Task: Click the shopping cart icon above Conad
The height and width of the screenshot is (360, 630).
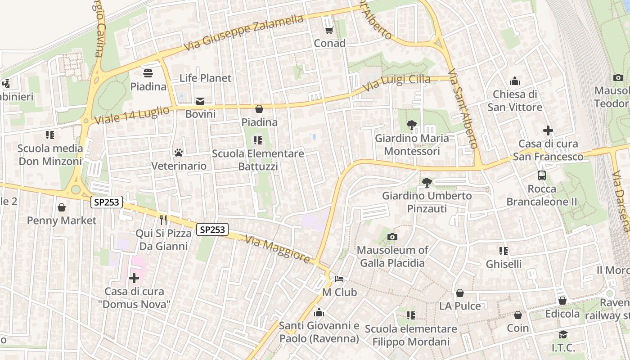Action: pyautogui.click(x=329, y=30)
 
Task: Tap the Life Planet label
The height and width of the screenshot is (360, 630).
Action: pyautogui.click(x=205, y=78)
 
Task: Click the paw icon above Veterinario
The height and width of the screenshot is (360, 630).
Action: pyautogui.click(x=179, y=153)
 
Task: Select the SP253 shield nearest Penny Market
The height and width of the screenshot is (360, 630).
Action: pyautogui.click(x=107, y=202)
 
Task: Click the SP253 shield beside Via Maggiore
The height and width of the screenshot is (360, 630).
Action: pyautogui.click(x=212, y=230)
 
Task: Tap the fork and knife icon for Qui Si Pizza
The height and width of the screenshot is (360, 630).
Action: pyautogui.click(x=163, y=220)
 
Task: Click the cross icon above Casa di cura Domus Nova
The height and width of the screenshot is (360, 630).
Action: pyautogui.click(x=134, y=278)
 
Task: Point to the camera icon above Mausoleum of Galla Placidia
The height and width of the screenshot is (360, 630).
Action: pyautogui.click(x=392, y=237)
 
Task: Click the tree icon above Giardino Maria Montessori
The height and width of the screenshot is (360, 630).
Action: pyautogui.click(x=411, y=125)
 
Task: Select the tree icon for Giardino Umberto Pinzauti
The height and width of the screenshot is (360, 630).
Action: pyautogui.click(x=427, y=183)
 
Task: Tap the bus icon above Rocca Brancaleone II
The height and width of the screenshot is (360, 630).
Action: pyautogui.click(x=542, y=175)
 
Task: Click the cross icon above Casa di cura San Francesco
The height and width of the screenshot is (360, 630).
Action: pyautogui.click(x=548, y=131)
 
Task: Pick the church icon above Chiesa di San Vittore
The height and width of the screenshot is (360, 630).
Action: pyautogui.click(x=515, y=81)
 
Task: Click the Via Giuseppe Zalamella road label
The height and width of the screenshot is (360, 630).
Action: pyautogui.click(x=244, y=32)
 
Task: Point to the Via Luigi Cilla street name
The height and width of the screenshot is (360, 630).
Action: pyautogui.click(x=396, y=82)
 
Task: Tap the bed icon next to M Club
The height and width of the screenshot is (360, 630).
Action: pyautogui.click(x=339, y=279)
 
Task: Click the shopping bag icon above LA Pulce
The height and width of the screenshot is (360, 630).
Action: pyautogui.click(x=460, y=293)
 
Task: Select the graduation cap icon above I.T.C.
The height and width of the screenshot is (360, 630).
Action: pyautogui.click(x=563, y=334)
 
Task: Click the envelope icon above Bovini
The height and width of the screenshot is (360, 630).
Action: pyautogui.click(x=200, y=101)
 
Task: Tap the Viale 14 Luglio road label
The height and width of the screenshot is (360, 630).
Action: pyautogui.click(x=132, y=115)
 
